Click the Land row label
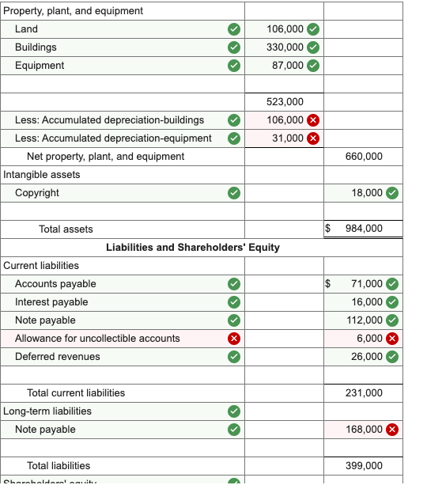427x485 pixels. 26,29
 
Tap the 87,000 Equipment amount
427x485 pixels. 287,66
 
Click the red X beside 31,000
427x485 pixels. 313,138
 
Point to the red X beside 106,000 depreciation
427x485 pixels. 313,120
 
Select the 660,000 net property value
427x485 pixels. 364,157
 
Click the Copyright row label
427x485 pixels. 37,193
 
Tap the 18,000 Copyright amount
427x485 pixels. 367,193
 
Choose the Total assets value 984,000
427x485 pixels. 364,229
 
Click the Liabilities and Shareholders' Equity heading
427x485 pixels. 192,248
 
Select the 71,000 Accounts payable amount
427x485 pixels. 367,284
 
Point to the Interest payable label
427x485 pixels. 51,302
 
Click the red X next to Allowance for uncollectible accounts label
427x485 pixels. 233,339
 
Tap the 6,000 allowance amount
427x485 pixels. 369,339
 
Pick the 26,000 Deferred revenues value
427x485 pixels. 367,357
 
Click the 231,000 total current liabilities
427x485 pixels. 364,393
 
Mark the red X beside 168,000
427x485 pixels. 392,430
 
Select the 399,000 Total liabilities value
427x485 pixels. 364,466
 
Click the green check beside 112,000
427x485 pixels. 392,320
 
